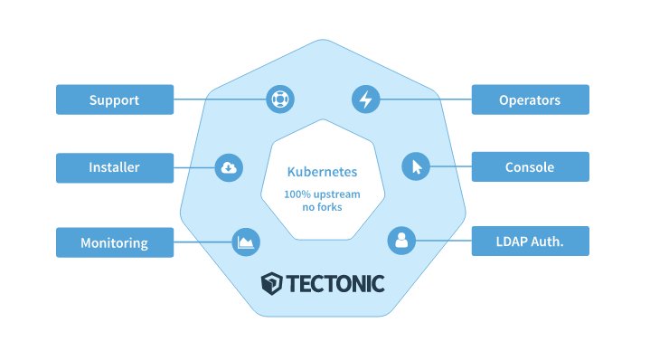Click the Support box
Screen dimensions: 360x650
click(114, 99)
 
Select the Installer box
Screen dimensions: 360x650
click(114, 167)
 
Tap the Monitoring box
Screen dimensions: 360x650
click(114, 242)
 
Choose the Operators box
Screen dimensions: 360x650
click(530, 99)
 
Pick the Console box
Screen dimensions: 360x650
click(530, 167)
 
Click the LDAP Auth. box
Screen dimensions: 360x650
click(530, 242)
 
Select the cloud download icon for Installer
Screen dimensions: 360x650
click(229, 166)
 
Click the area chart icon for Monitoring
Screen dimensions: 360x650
click(246, 242)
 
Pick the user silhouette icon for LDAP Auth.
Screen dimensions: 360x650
click(400, 242)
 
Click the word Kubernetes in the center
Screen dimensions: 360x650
click(322, 171)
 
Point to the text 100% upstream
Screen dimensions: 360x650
click(322, 194)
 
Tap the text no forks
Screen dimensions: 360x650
click(322, 208)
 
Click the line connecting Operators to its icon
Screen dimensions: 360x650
click(425, 99)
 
